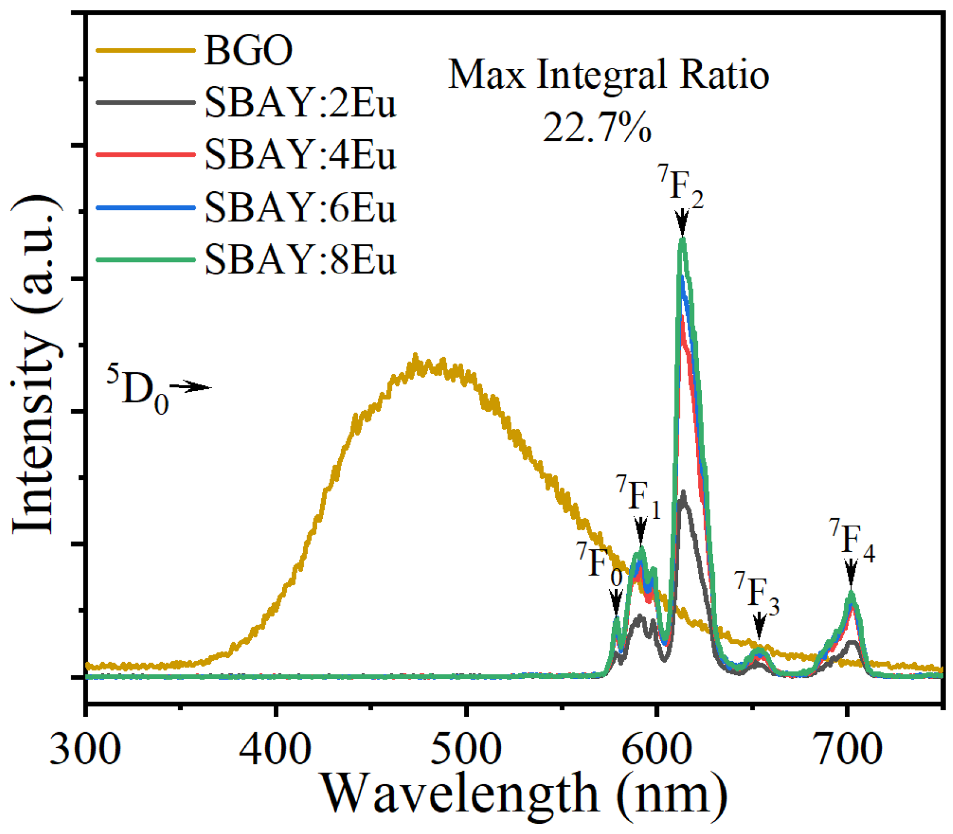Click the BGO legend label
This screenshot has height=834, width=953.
pyautogui.click(x=248, y=50)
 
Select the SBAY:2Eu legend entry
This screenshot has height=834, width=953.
pyautogui.click(x=300, y=103)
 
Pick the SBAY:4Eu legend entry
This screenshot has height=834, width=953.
pyautogui.click(x=300, y=155)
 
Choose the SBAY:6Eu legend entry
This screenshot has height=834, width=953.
pyautogui.click(x=300, y=208)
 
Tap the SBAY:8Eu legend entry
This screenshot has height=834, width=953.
pyautogui.click(x=300, y=260)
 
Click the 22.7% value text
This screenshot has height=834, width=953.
pyautogui.click(x=597, y=127)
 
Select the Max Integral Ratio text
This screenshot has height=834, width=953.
pyautogui.click(x=609, y=75)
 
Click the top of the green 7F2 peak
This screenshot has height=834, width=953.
pyautogui.click(x=683, y=239)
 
